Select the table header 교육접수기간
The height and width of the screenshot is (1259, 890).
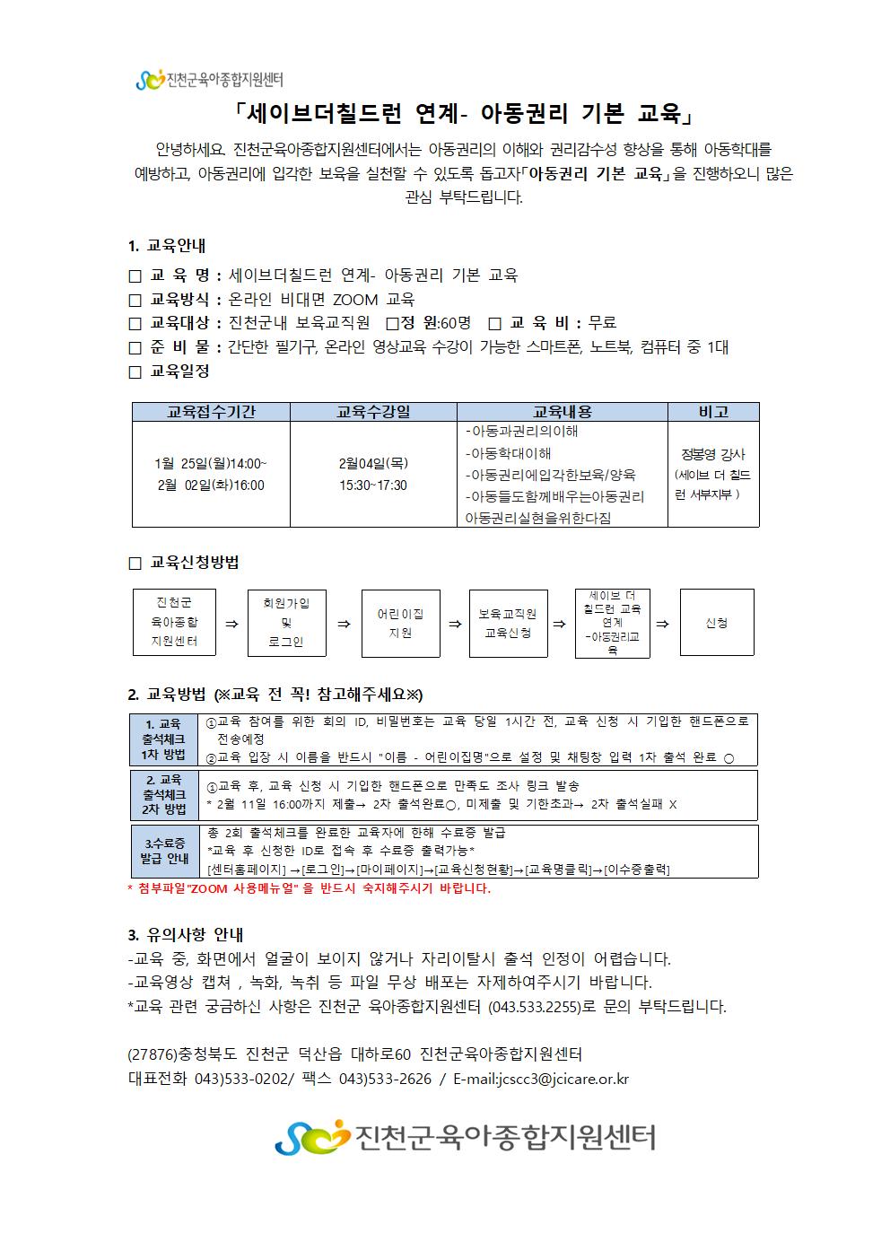tap(211, 412)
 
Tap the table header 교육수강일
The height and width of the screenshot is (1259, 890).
tap(373, 412)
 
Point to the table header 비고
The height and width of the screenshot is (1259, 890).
tap(713, 412)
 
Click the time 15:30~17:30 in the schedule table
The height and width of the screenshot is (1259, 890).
tap(373, 485)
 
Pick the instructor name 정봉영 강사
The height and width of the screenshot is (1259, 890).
tap(713, 454)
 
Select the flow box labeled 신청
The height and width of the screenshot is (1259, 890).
tap(717, 623)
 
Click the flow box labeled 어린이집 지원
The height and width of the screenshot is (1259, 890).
tap(400, 623)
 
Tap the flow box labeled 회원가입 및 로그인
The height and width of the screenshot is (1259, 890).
tap(286, 623)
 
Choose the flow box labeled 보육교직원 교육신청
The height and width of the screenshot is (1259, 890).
tap(508, 623)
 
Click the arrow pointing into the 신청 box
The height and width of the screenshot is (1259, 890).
tap(662, 624)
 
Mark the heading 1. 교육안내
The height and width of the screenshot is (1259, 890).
tap(167, 246)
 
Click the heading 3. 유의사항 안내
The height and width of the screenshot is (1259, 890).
tap(186, 934)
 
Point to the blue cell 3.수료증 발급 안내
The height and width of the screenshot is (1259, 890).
tap(164, 851)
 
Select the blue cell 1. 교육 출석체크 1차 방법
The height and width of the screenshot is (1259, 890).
tap(164, 739)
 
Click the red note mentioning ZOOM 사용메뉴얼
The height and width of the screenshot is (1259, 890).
tap(310, 888)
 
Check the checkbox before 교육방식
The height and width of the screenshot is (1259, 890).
tap(135, 300)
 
